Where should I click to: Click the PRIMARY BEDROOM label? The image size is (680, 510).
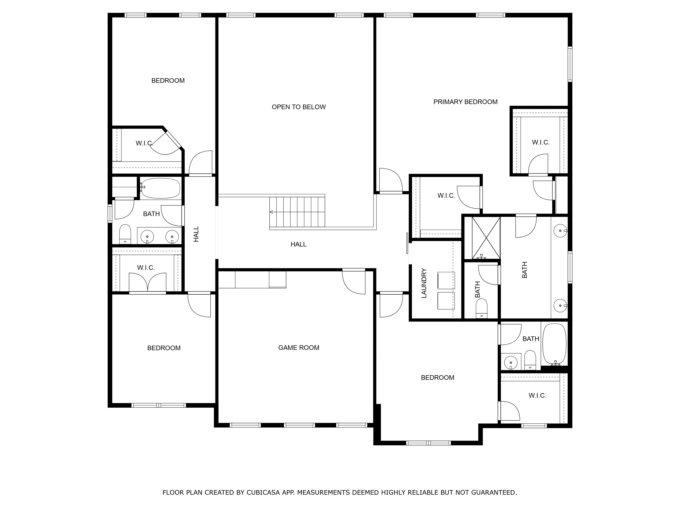(465, 102)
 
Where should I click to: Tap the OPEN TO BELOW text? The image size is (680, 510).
(299, 107)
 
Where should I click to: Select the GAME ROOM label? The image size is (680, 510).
(299, 348)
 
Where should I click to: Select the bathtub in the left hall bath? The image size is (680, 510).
(160, 188)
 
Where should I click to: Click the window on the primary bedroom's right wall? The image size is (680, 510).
(570, 64)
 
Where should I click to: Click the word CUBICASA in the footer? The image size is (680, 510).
(263, 492)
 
